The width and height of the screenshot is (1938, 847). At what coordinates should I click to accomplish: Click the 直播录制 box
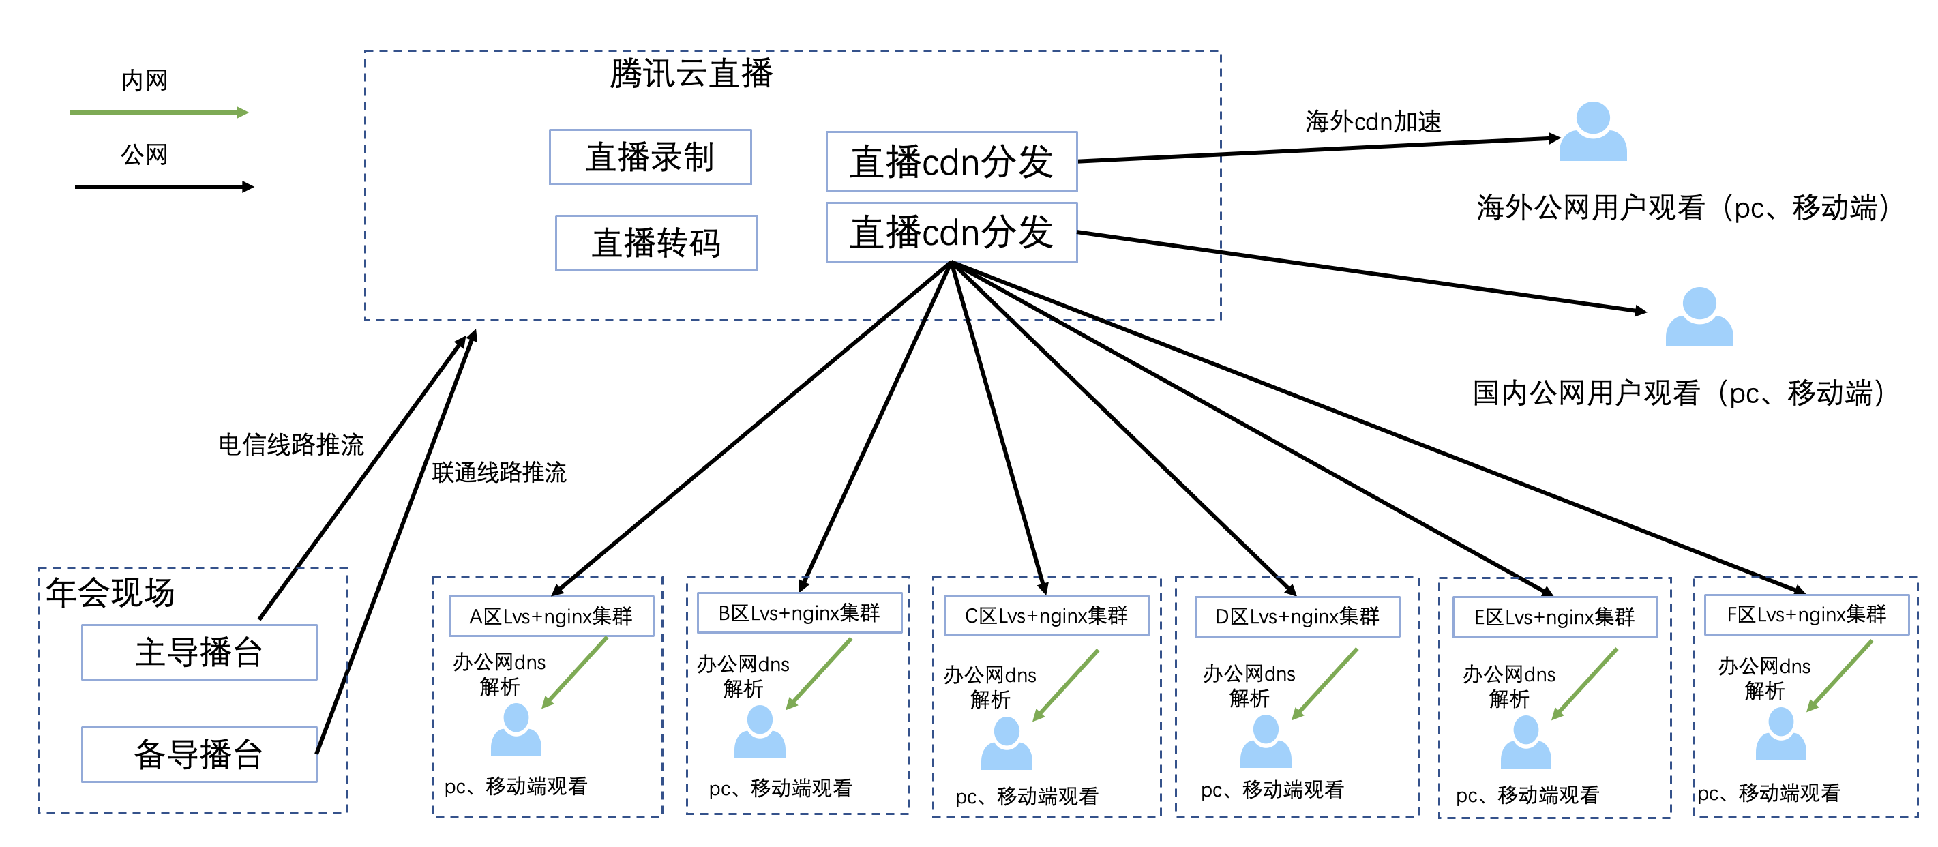click(650, 158)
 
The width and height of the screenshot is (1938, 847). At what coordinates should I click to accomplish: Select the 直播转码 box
click(656, 243)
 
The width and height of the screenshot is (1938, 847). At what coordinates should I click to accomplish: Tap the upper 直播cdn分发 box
click(951, 162)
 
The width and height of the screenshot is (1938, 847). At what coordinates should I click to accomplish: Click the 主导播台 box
click(198, 652)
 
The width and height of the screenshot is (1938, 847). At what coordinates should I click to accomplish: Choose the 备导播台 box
click(198, 754)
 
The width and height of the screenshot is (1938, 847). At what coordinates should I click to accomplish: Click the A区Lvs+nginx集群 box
click(551, 616)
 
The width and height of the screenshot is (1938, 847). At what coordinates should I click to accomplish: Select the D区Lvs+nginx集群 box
click(1297, 616)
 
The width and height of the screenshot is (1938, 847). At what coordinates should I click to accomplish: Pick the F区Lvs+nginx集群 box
click(1806, 614)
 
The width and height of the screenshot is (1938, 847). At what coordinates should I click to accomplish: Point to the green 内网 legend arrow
click(158, 113)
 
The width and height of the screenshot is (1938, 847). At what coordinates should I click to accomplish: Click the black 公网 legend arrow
click(164, 187)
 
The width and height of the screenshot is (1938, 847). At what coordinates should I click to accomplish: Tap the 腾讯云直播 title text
click(691, 74)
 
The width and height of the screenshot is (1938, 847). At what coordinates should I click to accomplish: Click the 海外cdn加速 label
click(1373, 121)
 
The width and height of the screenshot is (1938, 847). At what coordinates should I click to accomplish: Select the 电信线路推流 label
click(291, 445)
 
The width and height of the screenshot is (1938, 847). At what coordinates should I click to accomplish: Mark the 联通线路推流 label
click(498, 473)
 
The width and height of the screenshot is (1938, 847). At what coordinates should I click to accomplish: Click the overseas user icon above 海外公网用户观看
click(1593, 132)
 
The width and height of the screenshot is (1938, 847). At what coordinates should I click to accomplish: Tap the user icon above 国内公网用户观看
click(1699, 317)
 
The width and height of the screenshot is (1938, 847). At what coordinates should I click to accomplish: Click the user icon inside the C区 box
click(1006, 743)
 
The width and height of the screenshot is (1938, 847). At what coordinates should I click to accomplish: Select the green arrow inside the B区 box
click(818, 674)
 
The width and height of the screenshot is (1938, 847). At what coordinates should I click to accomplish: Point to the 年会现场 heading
click(110, 593)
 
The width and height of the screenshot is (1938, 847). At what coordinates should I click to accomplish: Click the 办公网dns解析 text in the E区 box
click(1508, 686)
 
